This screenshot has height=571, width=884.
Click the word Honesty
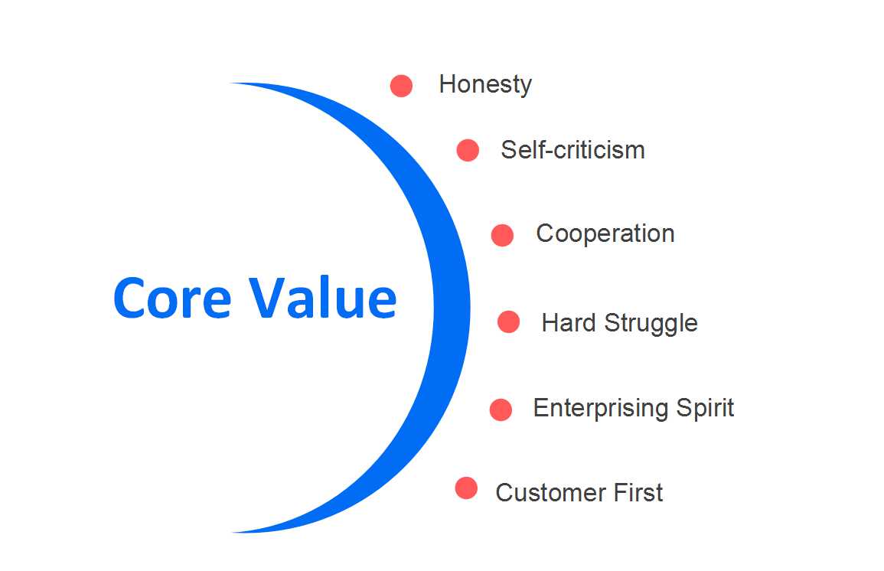(x=485, y=85)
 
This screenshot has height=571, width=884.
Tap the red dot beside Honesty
(x=401, y=86)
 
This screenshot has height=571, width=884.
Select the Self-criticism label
(x=572, y=150)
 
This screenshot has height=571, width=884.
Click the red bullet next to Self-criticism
(x=468, y=151)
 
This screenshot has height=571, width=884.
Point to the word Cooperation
(x=605, y=234)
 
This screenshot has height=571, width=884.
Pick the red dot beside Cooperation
(x=502, y=235)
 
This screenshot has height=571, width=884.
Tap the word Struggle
(x=651, y=324)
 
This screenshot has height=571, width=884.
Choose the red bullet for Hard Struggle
(x=508, y=321)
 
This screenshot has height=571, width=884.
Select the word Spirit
(x=705, y=408)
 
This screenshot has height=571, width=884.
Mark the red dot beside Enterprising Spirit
(x=501, y=409)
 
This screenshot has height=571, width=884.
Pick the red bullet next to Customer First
(x=466, y=488)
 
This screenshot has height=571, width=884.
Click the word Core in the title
(x=172, y=298)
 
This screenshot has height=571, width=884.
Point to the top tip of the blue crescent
(x=231, y=83)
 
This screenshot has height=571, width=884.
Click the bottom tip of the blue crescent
(x=232, y=532)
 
